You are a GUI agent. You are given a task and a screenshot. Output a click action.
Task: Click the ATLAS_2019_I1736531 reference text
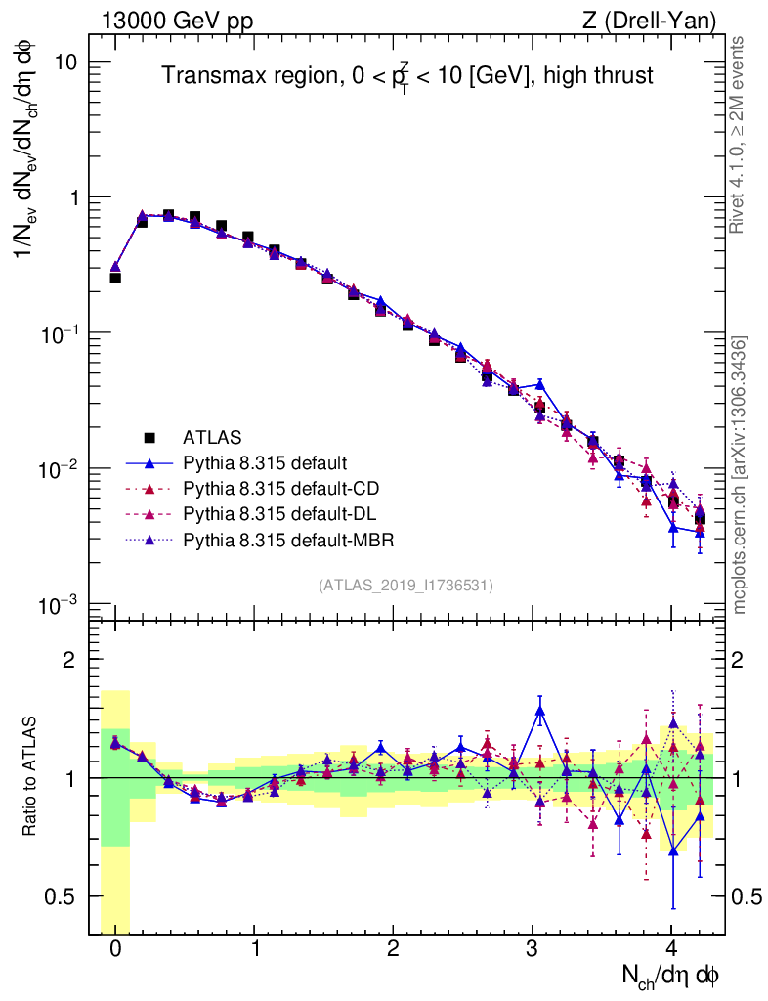click(x=405, y=586)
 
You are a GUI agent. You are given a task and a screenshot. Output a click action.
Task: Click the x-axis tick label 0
click(x=115, y=949)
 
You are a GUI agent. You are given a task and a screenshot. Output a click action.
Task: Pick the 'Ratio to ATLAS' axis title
click(x=28, y=778)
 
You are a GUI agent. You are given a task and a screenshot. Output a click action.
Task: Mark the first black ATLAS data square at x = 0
click(x=115, y=278)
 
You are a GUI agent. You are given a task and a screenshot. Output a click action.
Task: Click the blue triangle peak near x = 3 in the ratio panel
click(x=539, y=710)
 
